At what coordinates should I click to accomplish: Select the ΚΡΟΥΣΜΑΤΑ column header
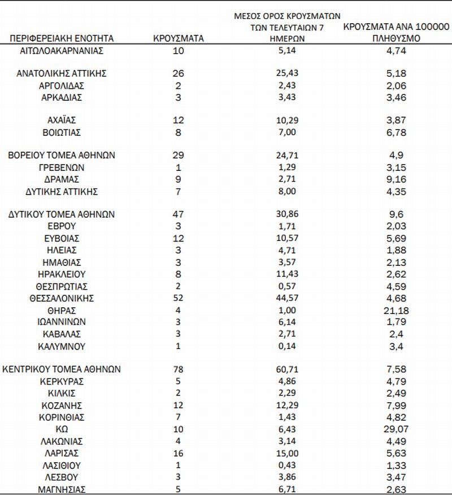pyautogui.click(x=179, y=38)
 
